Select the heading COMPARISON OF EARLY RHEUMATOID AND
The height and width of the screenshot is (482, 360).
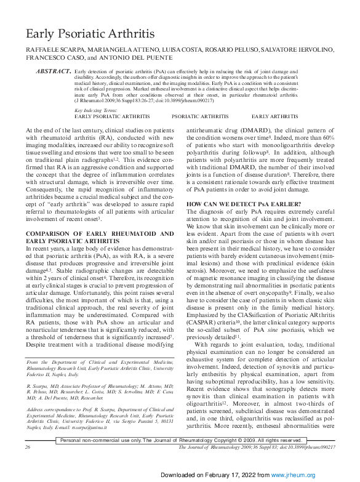(100, 233)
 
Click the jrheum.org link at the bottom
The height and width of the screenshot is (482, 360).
(302, 475)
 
